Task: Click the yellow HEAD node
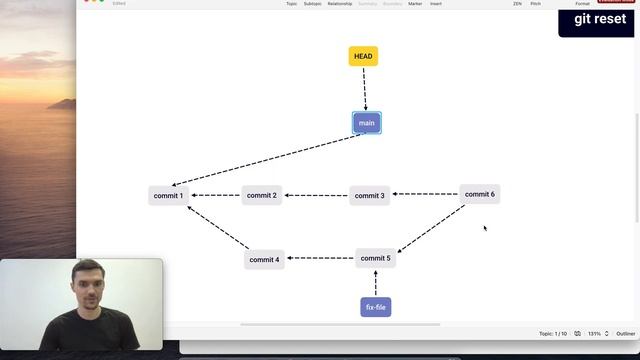[x=363, y=56]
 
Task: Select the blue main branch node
[x=366, y=123]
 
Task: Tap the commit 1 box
[x=168, y=195]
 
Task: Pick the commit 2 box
[x=261, y=195]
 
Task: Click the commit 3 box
[x=369, y=196]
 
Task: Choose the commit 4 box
[x=264, y=259]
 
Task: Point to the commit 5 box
[x=375, y=258]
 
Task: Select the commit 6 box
[x=479, y=194]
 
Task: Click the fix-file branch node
[x=375, y=307]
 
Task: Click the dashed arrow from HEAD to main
[x=365, y=89]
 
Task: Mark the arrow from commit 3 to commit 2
[x=315, y=195]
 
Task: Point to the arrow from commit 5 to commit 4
[x=320, y=258]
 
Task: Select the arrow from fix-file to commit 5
[x=375, y=283]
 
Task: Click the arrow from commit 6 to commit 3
[x=424, y=194]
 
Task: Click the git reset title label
[x=600, y=19]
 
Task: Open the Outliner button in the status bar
[x=625, y=333]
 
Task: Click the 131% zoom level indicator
[x=594, y=333]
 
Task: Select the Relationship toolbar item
[x=340, y=4]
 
